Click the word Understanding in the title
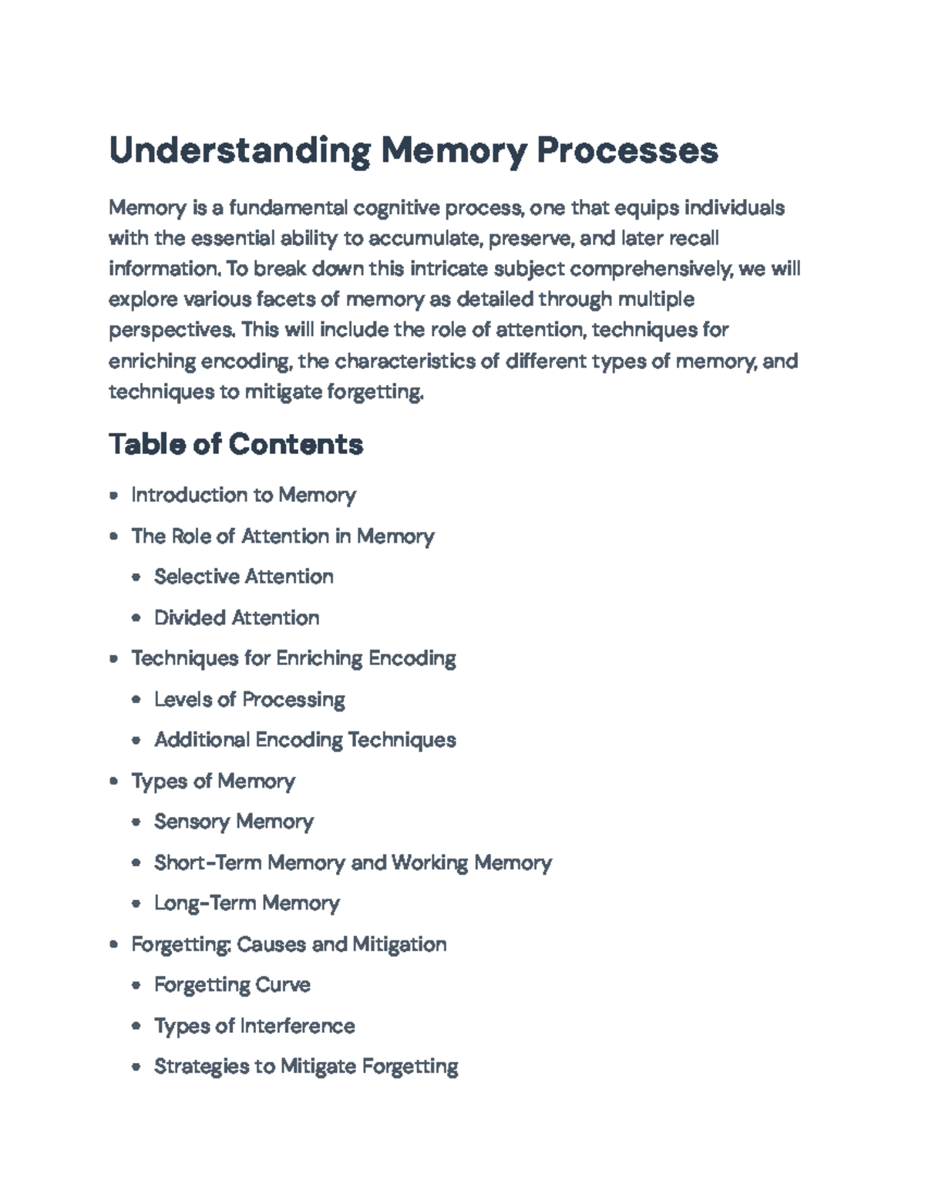pos(240,150)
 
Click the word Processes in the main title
pos(627,150)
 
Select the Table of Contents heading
pos(236,444)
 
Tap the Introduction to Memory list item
pos(244,495)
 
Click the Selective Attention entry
pos(244,577)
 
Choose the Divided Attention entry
pos(237,617)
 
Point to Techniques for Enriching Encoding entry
pos(294,658)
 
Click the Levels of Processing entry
pos(250,699)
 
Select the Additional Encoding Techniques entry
pos(305,740)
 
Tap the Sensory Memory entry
pos(234,822)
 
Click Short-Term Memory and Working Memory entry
pos(353,862)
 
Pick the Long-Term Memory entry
pos(247,903)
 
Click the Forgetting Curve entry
pos(232,985)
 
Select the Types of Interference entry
pos(254,1026)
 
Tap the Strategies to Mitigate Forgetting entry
pos(306,1067)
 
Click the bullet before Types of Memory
pos(114,782)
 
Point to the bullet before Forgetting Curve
pos(136,986)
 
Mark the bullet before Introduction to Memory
pos(114,496)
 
